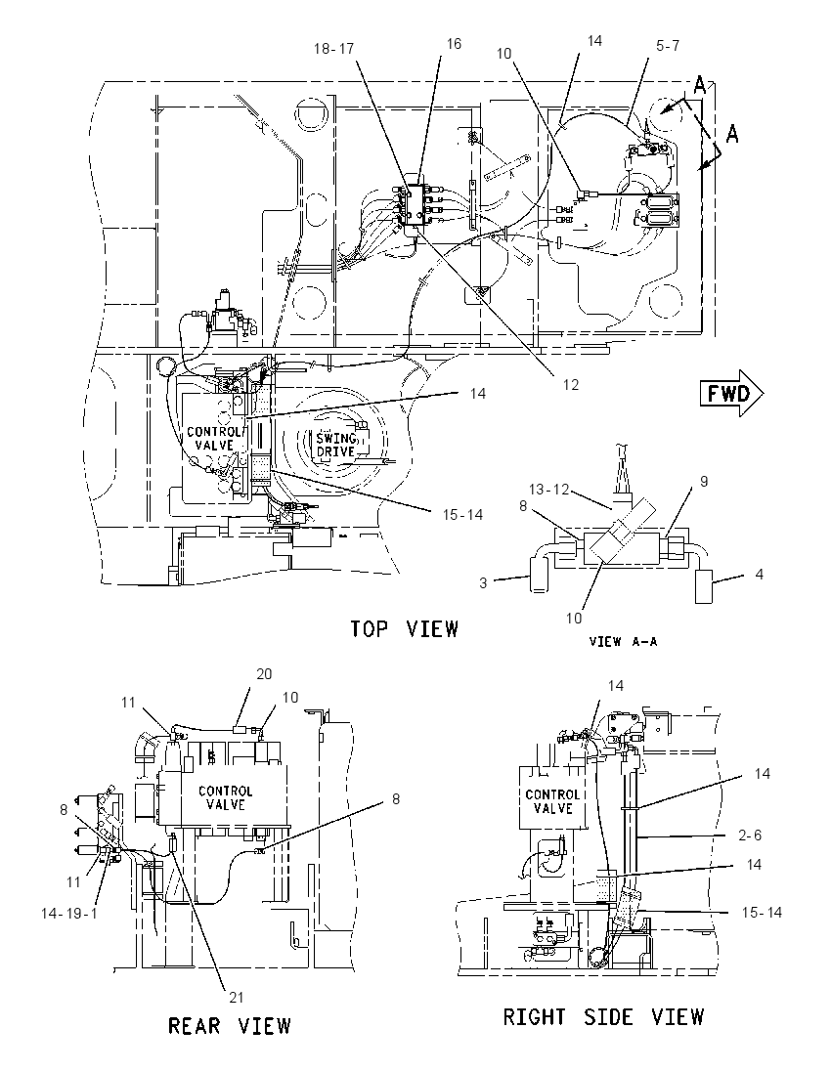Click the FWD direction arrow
click(x=731, y=393)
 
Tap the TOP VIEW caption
click(x=404, y=628)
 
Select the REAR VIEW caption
click(x=230, y=1025)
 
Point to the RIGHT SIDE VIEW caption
click(x=603, y=1016)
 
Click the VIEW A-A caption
click(x=624, y=641)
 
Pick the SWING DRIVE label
click(x=335, y=444)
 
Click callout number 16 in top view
click(x=454, y=44)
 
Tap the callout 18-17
click(x=333, y=49)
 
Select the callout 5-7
click(x=667, y=46)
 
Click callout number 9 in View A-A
click(x=703, y=482)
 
